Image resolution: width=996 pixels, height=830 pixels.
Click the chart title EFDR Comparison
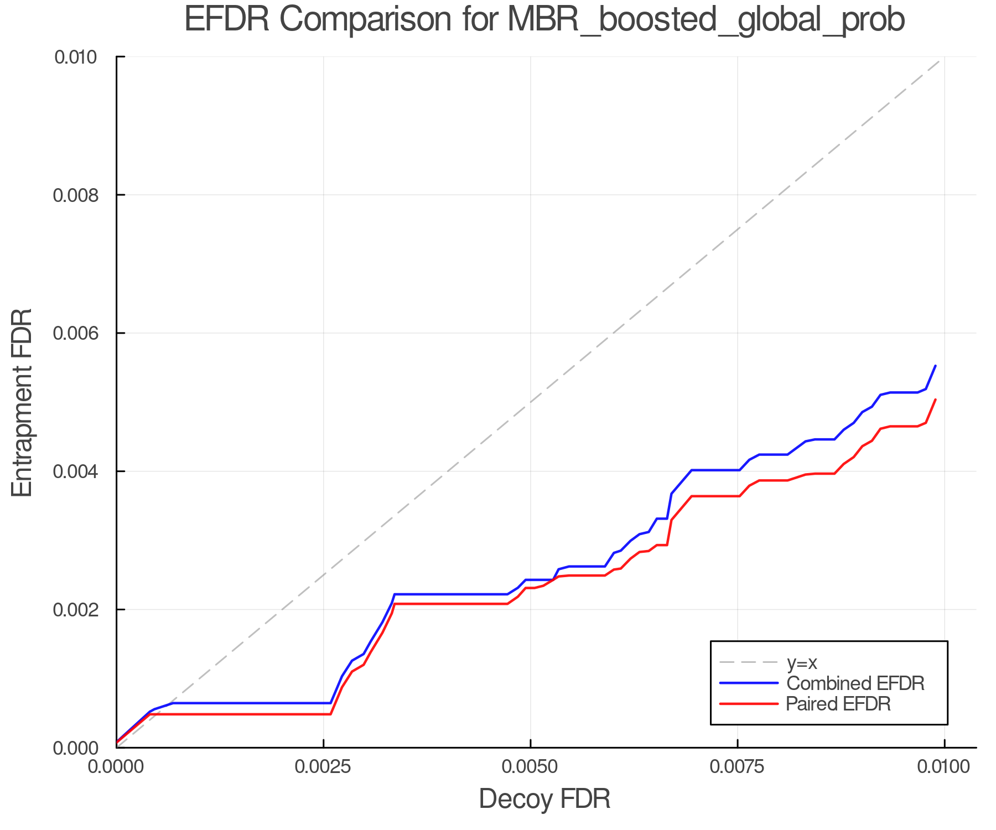(544, 20)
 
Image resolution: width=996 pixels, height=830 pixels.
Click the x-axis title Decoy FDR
(544, 798)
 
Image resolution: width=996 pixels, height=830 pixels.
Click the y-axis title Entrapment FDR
(22, 402)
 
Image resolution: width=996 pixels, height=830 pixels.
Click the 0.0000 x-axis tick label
(117, 767)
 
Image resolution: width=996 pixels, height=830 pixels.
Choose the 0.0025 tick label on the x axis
(323, 767)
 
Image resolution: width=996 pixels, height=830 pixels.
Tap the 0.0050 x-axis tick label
(530, 767)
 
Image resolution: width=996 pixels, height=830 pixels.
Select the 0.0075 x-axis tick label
(737, 767)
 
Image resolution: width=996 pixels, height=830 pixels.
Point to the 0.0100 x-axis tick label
(944, 767)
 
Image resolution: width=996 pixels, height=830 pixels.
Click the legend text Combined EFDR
(855, 683)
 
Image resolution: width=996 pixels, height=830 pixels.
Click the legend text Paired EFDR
(838, 704)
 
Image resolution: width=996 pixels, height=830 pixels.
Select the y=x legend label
(802, 662)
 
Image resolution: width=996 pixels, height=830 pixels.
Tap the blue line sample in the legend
(749, 683)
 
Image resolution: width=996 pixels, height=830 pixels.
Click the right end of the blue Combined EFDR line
(935, 366)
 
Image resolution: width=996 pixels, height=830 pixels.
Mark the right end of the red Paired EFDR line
(935, 400)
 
